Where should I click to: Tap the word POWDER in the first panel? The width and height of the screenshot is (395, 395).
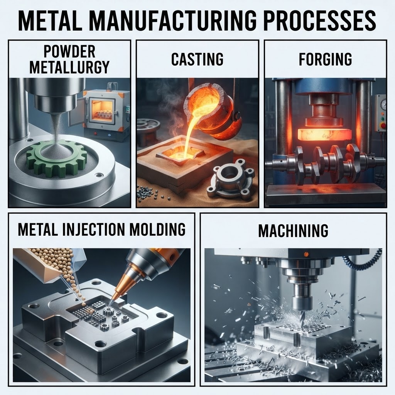click(69, 51)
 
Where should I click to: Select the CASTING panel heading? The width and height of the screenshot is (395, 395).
click(197, 59)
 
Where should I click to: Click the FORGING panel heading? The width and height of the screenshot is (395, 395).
click(325, 59)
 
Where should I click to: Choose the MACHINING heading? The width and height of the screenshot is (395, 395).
click(293, 230)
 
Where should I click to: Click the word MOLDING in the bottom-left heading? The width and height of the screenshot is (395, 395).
click(161, 229)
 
